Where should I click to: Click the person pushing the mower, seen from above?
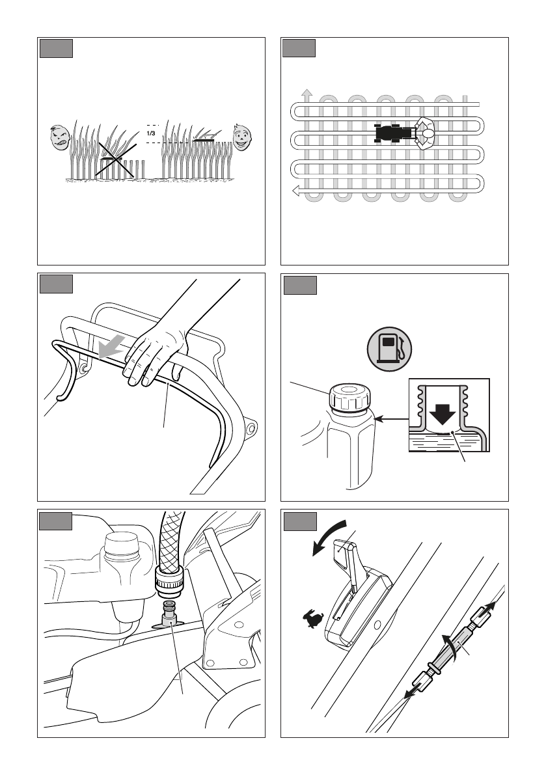point(425,133)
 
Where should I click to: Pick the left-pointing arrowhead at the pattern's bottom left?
point(296,191)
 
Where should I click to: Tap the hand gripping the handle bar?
point(154,355)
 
